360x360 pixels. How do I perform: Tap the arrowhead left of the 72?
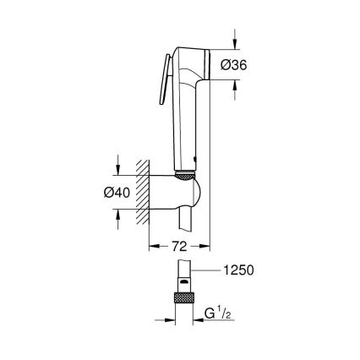153,246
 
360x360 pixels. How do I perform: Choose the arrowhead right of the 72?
205,246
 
